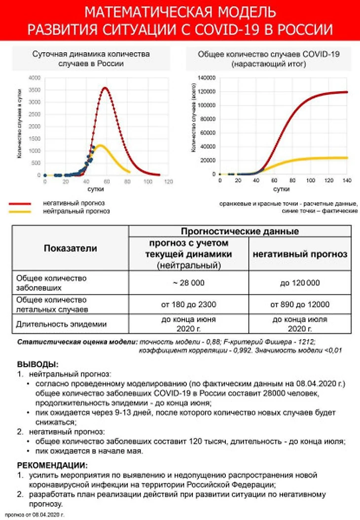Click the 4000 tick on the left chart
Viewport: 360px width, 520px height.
coord(34,78)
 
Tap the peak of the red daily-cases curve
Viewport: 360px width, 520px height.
coord(106,88)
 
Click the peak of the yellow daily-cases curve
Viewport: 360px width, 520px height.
coord(100,145)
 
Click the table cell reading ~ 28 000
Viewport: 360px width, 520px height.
coord(188,283)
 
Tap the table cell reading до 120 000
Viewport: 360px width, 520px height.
coord(300,283)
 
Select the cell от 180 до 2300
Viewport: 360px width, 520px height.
coord(188,304)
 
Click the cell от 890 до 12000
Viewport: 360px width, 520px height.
coord(300,304)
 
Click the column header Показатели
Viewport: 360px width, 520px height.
coord(71,248)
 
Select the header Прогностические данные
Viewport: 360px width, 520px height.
coord(240,231)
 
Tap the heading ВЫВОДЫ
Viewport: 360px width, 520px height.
coord(37,365)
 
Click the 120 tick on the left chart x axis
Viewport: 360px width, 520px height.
coord(169,181)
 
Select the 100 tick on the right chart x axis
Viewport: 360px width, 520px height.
coord(310,181)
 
